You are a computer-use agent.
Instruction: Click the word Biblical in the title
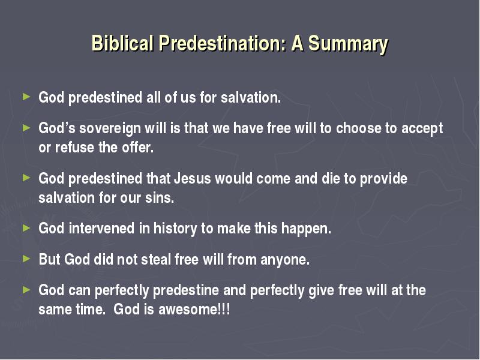pyautogui.click(x=122, y=43)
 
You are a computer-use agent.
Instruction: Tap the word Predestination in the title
pyautogui.click(x=223, y=43)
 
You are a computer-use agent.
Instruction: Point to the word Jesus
pyautogui.click(x=192, y=178)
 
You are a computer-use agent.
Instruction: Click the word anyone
pyautogui.click(x=285, y=260)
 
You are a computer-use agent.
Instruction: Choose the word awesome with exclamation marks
pyautogui.click(x=194, y=309)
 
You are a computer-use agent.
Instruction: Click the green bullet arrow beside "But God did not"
pyautogui.click(x=26, y=259)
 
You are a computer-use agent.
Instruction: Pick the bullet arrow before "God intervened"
pyautogui.click(x=26, y=228)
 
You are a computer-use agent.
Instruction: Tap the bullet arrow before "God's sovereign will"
pyautogui.click(x=26, y=128)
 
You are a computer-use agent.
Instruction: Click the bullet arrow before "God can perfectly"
pyautogui.click(x=26, y=289)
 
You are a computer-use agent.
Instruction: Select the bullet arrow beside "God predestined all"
pyautogui.click(x=26, y=97)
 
